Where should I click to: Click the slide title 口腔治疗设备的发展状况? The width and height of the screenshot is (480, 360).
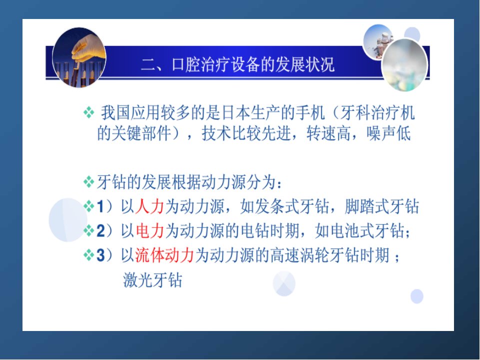pyautogui.click(x=253, y=64)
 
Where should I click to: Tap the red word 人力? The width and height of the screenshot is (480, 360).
pyautogui.click(x=149, y=206)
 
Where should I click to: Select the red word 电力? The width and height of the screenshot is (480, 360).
pyautogui.click(x=149, y=231)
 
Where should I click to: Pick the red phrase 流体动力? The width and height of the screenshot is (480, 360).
pyautogui.click(x=164, y=255)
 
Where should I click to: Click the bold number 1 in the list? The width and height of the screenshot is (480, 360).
pyautogui.click(x=100, y=206)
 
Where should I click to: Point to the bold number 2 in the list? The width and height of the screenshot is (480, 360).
pyautogui.click(x=100, y=231)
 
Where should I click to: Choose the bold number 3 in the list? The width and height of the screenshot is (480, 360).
pyautogui.click(x=100, y=255)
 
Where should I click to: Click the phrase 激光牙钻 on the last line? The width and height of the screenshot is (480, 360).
pyautogui.click(x=152, y=280)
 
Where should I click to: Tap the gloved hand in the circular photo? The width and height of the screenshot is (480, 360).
pyautogui.click(x=86, y=49)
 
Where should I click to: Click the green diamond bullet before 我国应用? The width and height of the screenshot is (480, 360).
pyautogui.click(x=89, y=112)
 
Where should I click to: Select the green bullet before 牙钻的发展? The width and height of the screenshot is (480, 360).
pyautogui.click(x=89, y=182)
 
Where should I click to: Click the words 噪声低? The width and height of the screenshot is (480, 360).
pyautogui.click(x=388, y=133)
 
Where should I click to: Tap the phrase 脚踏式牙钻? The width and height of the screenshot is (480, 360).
pyautogui.click(x=381, y=206)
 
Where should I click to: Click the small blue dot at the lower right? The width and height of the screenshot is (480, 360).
pyautogui.click(x=416, y=296)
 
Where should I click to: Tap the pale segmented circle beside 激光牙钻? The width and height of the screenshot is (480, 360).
pyautogui.click(x=284, y=284)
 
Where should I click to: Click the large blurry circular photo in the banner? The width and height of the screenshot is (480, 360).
pyautogui.click(x=404, y=65)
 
